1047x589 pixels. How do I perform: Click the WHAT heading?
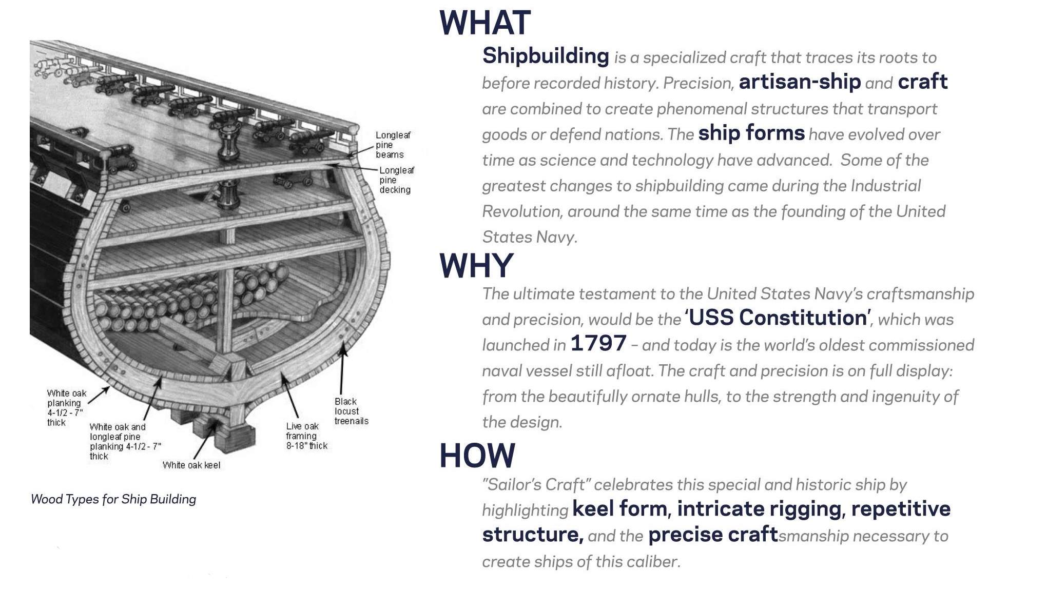point(485,23)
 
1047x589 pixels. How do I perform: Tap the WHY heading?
point(476,265)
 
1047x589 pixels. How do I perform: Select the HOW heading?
point(477,456)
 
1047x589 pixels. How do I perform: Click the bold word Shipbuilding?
point(546,56)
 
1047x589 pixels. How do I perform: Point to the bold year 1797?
point(598,343)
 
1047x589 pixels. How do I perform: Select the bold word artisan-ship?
point(800,82)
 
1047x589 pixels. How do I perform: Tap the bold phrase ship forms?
point(751,133)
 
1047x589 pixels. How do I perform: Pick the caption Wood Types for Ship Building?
point(113,499)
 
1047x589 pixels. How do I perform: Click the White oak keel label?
point(191,465)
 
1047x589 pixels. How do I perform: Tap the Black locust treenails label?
point(352,411)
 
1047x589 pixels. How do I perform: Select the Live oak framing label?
point(307,436)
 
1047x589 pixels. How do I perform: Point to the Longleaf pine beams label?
point(393,145)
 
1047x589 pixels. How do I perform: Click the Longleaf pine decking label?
point(397,180)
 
